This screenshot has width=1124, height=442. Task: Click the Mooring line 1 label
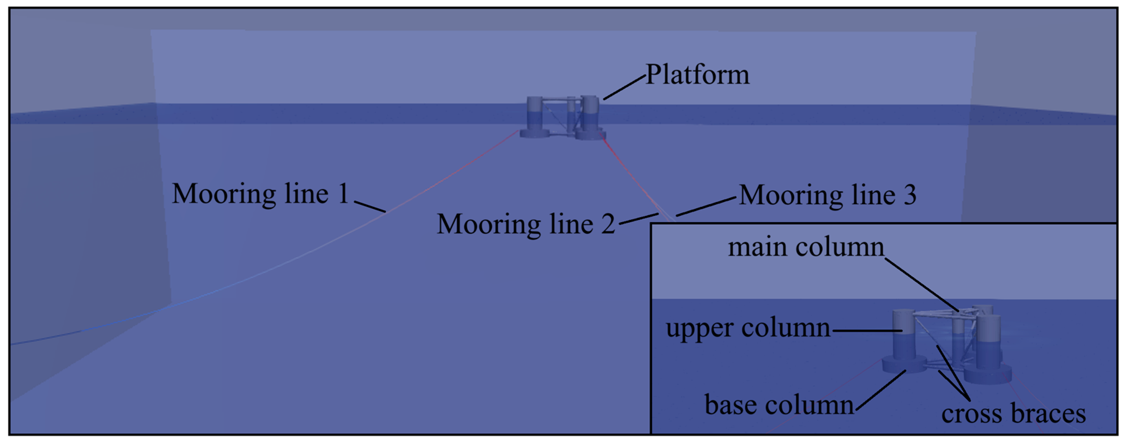(x=260, y=193)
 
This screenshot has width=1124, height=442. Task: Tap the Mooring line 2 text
(x=525, y=224)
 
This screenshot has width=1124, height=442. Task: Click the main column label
(x=805, y=247)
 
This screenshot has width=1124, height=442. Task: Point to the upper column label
(x=748, y=328)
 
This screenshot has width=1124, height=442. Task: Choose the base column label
(x=779, y=405)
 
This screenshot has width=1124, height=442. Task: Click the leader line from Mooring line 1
(x=370, y=207)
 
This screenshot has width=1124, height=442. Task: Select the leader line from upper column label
(x=867, y=330)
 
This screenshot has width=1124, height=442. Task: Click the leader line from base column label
(x=880, y=390)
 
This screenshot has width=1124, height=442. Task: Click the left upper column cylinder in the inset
(x=902, y=336)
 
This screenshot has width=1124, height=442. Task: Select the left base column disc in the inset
(x=904, y=364)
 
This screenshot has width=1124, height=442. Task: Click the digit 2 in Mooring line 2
(x=608, y=224)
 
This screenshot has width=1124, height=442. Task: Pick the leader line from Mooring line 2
(x=638, y=219)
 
